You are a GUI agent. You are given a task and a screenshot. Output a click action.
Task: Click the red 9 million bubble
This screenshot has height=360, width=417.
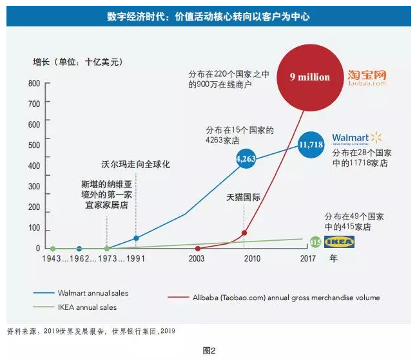coord(309,77)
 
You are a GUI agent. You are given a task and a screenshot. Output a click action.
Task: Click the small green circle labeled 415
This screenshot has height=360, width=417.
coord(315,242)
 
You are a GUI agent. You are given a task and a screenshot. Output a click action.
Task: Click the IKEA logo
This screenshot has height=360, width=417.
coord(339,242)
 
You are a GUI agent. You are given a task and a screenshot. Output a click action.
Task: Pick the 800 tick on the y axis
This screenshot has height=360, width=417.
coord(34,84)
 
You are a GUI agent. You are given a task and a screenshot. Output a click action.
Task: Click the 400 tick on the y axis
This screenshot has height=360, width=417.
coord(34,167)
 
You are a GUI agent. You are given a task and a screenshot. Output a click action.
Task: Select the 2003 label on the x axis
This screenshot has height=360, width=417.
coord(197,259)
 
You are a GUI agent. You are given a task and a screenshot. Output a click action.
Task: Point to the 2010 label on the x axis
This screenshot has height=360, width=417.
coord(252,259)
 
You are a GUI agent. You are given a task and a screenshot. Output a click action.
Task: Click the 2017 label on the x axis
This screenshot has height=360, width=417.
coord(308,259)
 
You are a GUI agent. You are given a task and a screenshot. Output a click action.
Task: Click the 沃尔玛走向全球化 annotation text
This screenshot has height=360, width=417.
coord(135,165)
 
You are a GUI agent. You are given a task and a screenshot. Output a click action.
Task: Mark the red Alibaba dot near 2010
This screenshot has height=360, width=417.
coord(244,233)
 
